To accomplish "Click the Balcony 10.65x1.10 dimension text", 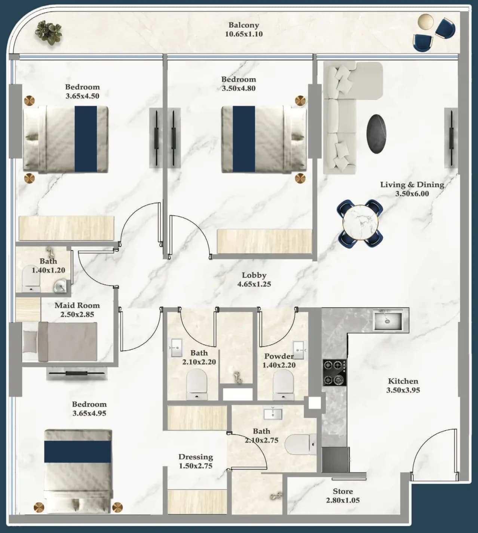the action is (244, 34).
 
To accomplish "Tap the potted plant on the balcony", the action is (49, 33).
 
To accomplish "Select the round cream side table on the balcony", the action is (425, 22).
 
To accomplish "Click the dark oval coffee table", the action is (377, 134).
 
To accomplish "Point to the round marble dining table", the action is (360, 222).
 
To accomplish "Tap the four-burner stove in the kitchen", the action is (334, 373).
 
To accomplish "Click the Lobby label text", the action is (254, 275).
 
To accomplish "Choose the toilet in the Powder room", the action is (283, 385).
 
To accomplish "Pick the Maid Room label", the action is (77, 305).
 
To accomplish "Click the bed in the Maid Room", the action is (60, 342).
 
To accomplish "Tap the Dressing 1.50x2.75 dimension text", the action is (196, 466).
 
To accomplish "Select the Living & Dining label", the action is (412, 185).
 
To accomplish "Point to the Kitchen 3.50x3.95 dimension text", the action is (403, 390).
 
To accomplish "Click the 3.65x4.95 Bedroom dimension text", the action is (89, 413).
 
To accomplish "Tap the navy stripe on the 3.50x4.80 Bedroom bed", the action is (244, 139).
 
